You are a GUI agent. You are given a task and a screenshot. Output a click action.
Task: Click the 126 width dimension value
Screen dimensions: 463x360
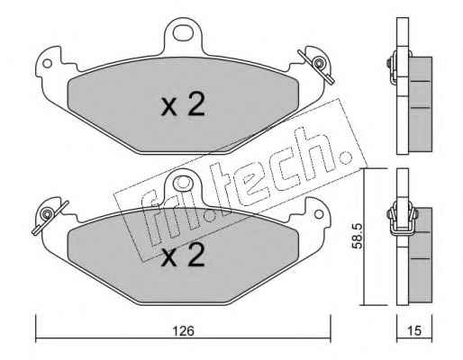[x=183, y=331]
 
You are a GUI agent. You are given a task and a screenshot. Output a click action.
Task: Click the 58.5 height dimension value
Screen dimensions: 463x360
[x=358, y=236]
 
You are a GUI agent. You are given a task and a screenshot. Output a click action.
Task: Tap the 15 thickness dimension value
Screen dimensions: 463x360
[x=414, y=331]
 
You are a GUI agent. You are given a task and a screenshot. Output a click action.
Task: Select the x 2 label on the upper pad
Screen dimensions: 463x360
[x=183, y=104]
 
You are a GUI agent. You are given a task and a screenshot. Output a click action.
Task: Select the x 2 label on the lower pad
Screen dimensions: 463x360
[x=183, y=255]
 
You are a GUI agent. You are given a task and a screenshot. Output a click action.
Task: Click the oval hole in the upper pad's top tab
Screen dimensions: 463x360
[x=183, y=32]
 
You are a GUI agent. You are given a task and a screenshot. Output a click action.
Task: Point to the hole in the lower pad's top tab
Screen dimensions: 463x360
[x=183, y=184]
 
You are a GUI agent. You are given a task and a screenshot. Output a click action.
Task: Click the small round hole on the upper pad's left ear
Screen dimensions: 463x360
[x=47, y=64]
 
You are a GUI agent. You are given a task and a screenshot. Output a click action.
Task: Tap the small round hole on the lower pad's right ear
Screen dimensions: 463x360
[x=319, y=214]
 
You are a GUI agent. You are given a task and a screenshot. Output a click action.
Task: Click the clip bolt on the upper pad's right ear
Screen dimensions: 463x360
[x=317, y=63]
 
